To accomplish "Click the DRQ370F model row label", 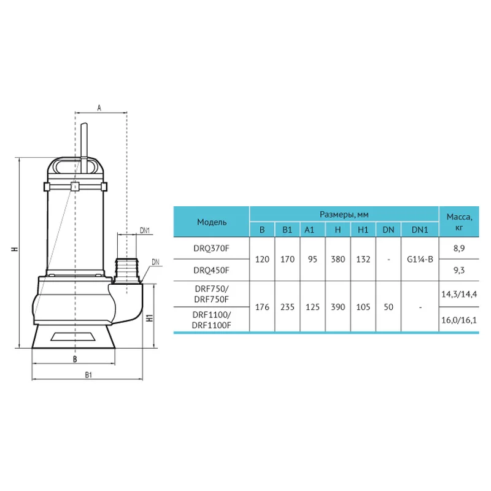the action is point(211,249).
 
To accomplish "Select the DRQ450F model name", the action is point(211,270).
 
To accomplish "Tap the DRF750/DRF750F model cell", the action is point(211,294).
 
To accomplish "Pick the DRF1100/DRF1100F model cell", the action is point(211,320).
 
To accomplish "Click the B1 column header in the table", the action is point(287,230).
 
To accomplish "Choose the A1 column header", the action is point(309,230).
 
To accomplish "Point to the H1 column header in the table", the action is point(363,230).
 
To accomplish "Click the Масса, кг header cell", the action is point(459,222).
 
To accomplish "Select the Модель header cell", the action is point(212,222).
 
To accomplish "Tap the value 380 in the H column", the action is point(338,259).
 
